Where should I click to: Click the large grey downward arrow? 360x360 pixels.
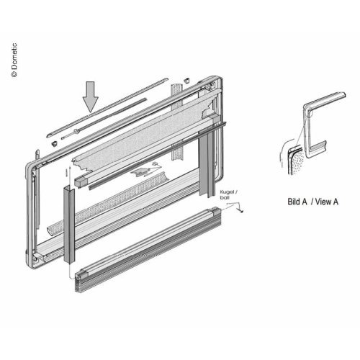(91, 96)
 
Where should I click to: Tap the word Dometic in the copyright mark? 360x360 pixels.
(14, 56)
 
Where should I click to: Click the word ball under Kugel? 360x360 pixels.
(225, 197)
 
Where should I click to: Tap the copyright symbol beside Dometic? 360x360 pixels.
(14, 73)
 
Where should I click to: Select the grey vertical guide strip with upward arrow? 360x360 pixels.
(69, 224)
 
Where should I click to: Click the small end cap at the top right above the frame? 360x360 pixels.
(186, 80)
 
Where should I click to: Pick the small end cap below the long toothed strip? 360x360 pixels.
(55, 143)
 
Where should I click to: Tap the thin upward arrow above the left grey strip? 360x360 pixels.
(70, 175)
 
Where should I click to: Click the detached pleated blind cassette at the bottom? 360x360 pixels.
(148, 250)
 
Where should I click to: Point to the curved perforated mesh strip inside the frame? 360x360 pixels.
(107, 203)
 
